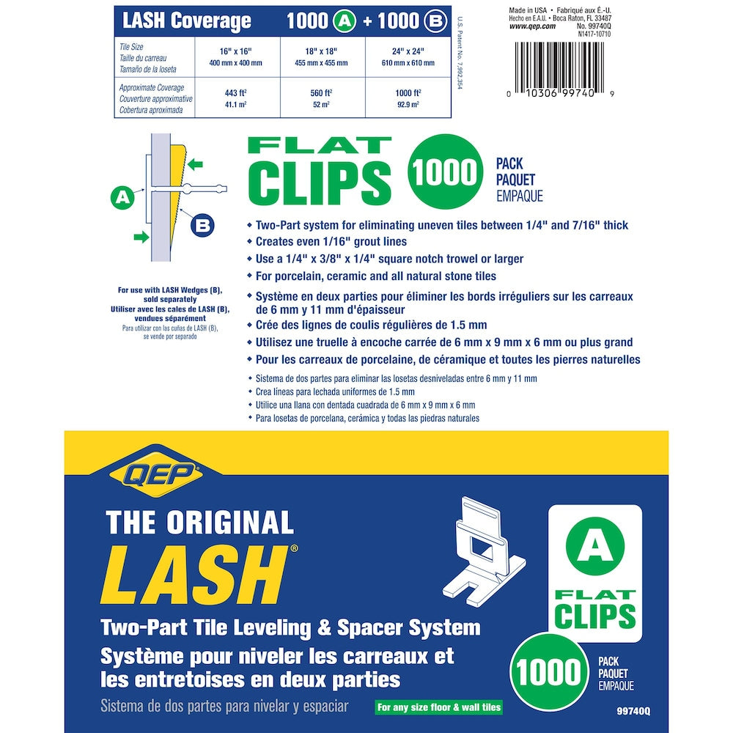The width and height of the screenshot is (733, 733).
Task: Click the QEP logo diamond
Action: tap(155, 474)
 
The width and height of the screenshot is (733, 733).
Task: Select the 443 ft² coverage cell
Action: tap(236, 98)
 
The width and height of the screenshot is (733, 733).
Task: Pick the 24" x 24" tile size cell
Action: tap(408, 56)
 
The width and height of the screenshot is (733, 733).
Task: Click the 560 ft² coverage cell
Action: tap(322, 98)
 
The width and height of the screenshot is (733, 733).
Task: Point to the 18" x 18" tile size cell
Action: tap(322, 56)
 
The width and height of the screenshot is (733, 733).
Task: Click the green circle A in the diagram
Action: tap(122, 197)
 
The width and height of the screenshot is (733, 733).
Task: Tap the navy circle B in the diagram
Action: tap(202, 226)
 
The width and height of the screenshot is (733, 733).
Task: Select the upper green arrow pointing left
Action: tap(195, 164)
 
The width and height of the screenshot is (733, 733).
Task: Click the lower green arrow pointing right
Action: tap(141, 237)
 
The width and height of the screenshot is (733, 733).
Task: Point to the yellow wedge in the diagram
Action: tap(178, 196)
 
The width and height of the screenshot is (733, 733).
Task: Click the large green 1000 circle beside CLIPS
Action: tap(444, 171)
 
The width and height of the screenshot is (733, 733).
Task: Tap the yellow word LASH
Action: tap(194, 575)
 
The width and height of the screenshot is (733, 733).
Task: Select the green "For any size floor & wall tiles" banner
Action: tap(438, 707)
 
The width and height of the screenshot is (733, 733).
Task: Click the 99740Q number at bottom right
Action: tap(633, 711)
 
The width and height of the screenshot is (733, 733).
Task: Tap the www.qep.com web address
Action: tap(532, 26)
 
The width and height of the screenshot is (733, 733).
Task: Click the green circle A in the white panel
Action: tap(594, 546)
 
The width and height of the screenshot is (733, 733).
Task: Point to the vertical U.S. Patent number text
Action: tap(460, 53)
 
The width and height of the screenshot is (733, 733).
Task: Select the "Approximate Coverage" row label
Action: tap(155, 99)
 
